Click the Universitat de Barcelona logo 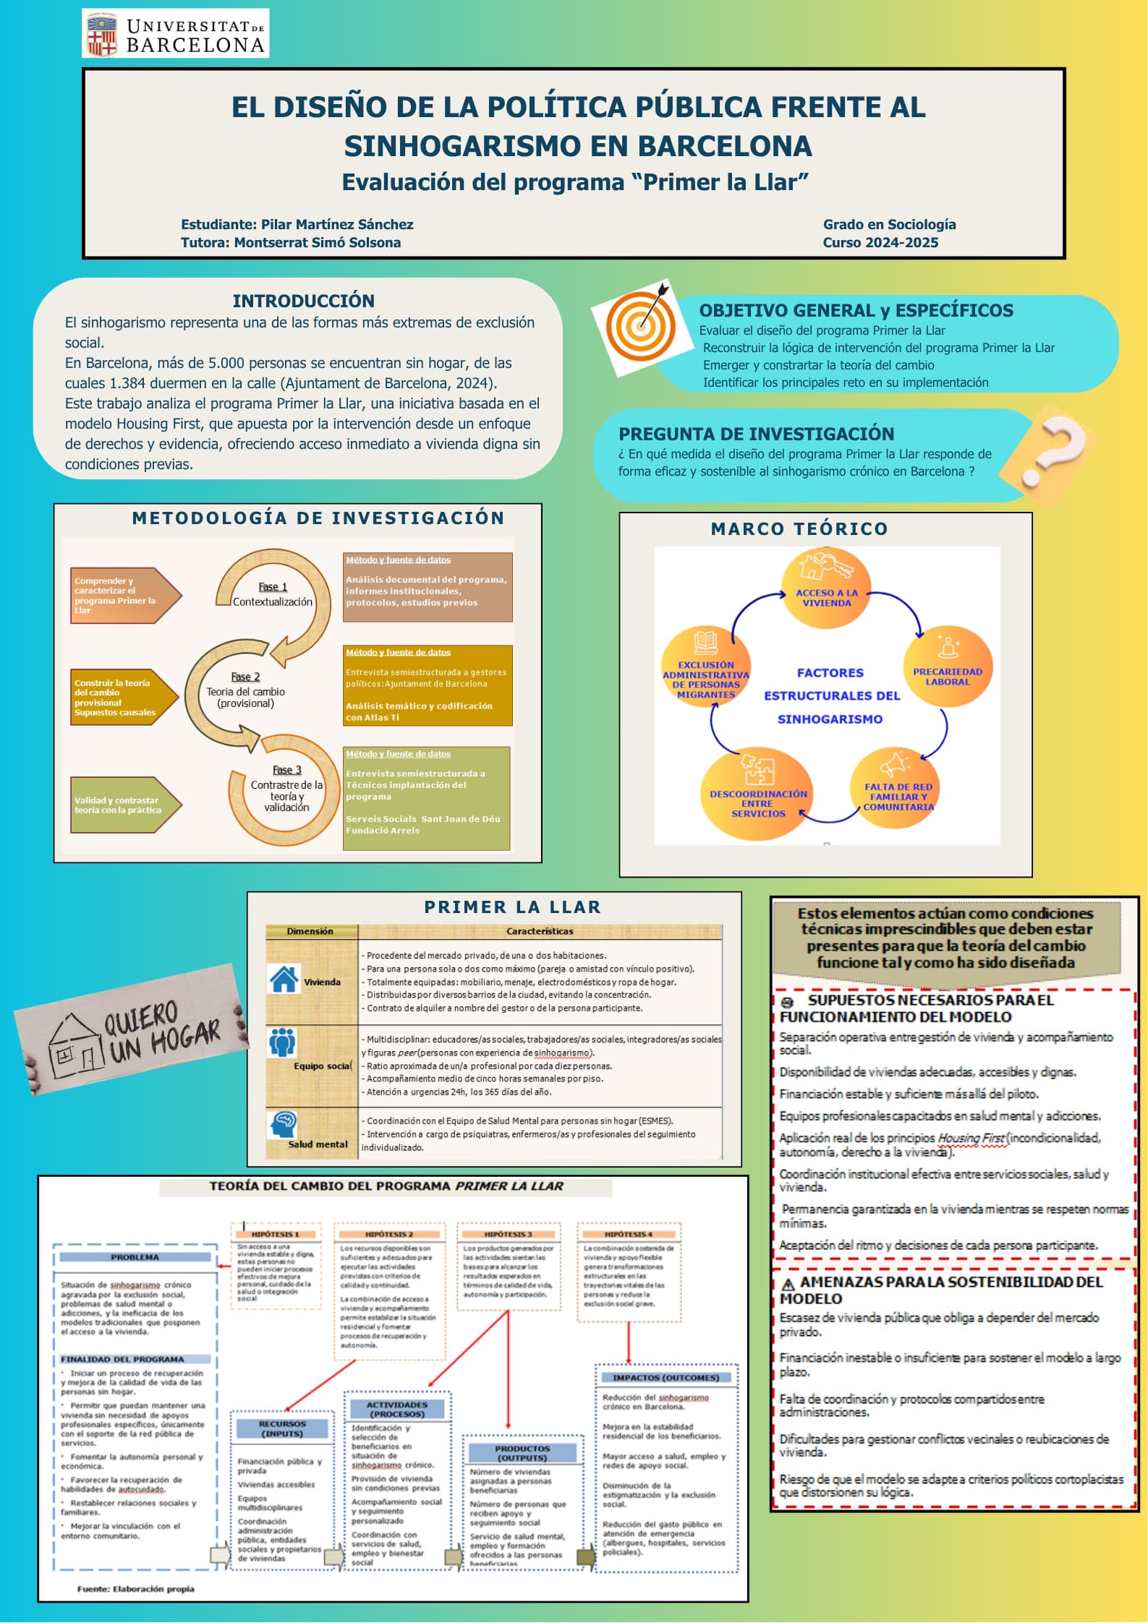175,34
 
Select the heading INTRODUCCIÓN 303,301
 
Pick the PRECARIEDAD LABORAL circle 947,667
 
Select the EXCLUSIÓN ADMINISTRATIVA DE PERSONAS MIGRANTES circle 706,668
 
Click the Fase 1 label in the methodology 273,587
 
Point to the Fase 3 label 286,770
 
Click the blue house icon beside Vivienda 284,979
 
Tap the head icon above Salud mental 283,1124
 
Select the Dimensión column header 310,931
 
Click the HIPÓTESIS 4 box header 628,1234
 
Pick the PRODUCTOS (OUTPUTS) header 522,1453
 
